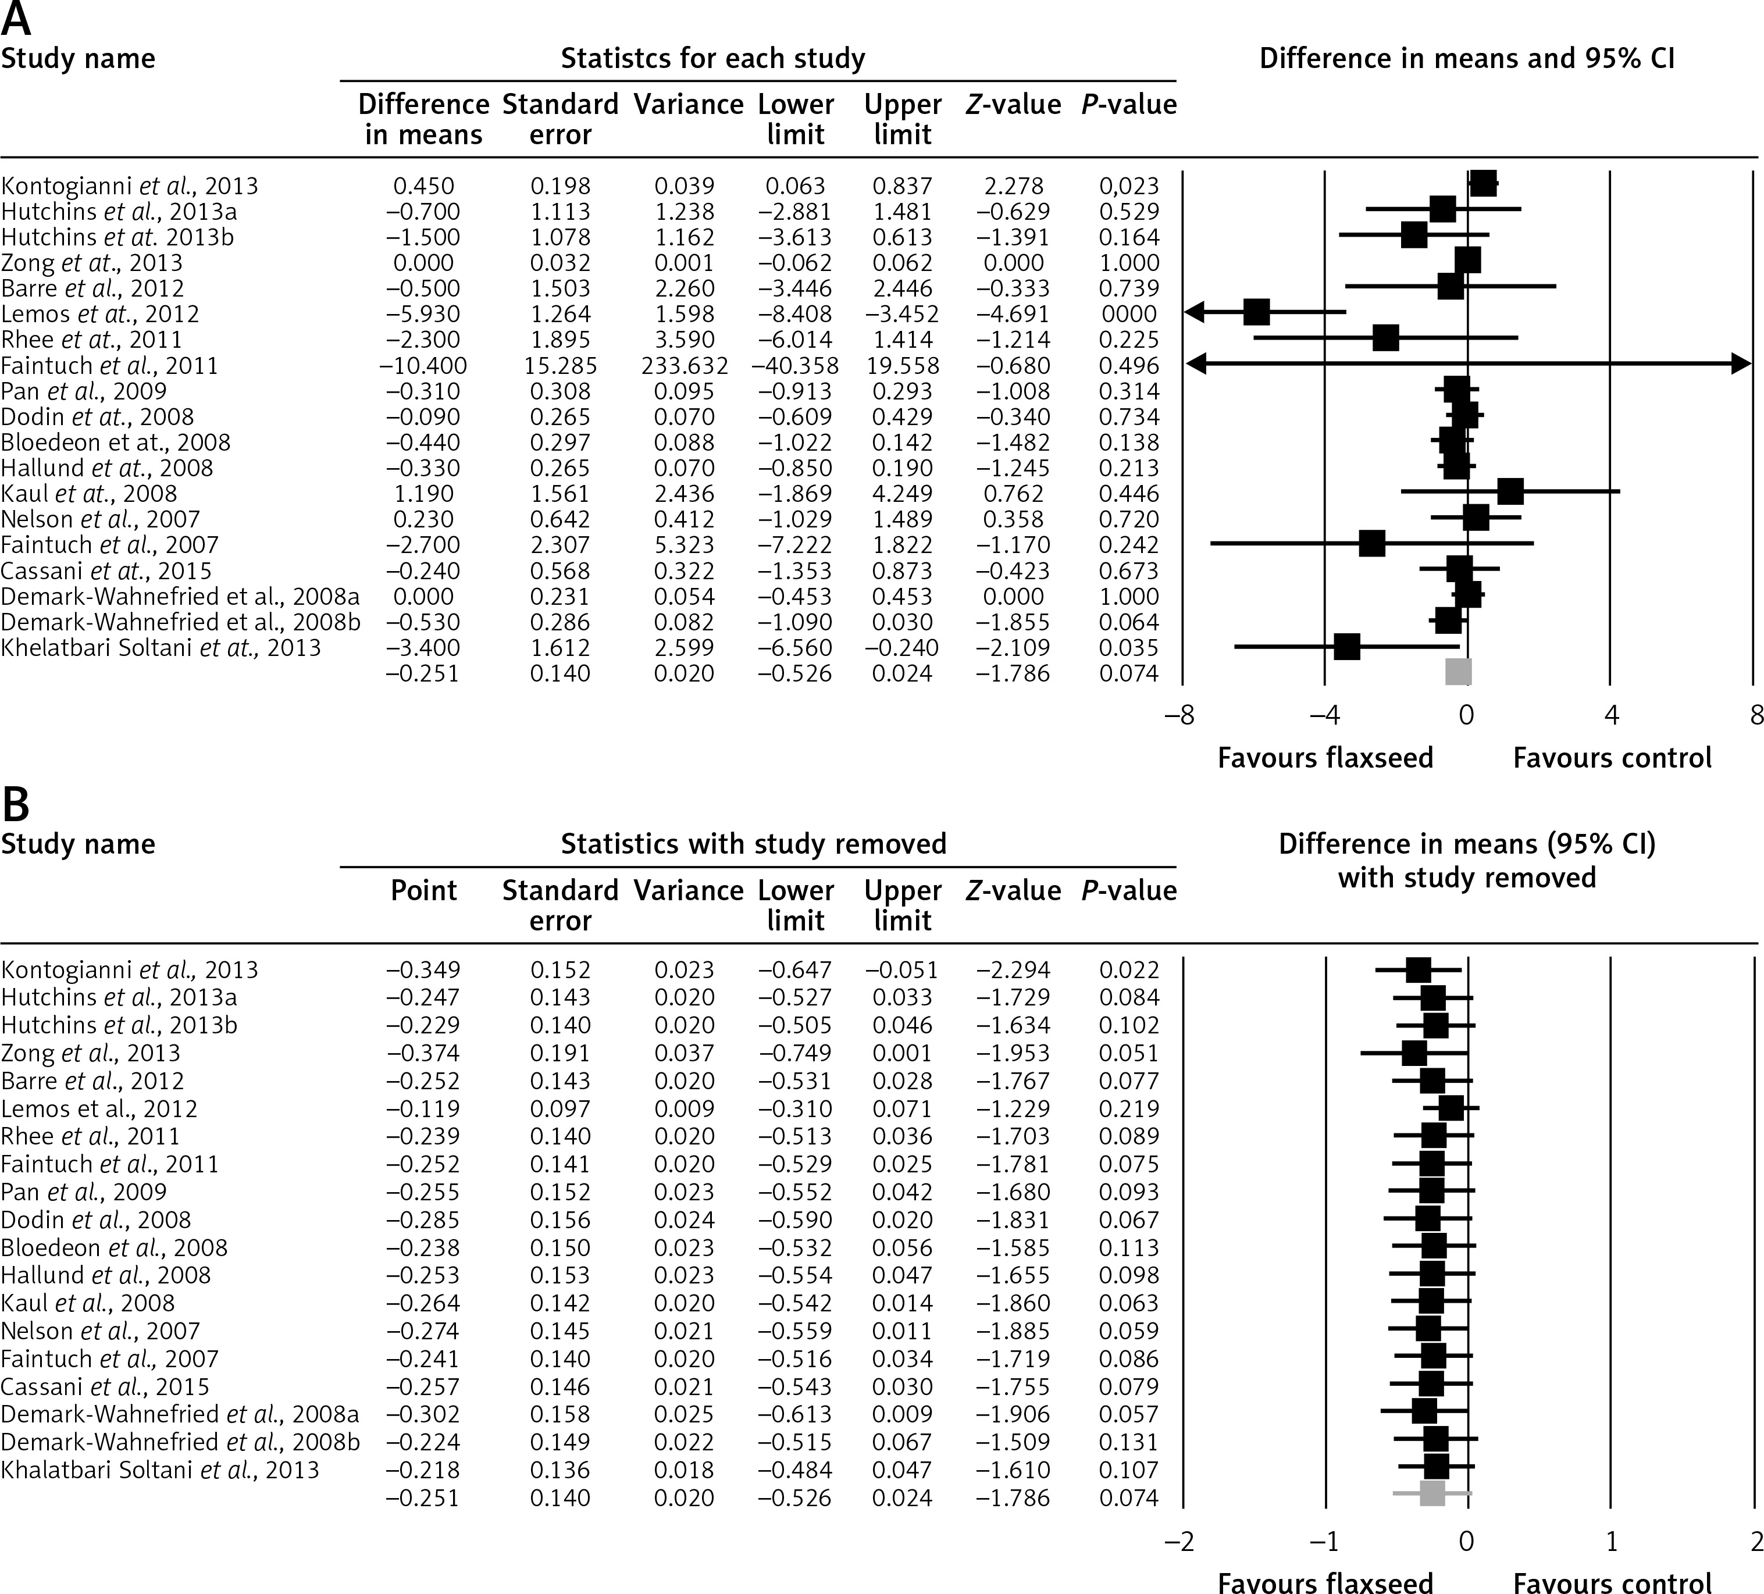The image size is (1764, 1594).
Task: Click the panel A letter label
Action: [x=16, y=19]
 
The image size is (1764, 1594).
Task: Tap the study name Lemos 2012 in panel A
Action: [x=100, y=314]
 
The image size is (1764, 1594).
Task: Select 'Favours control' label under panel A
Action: [x=1612, y=758]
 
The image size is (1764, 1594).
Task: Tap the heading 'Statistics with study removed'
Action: [x=753, y=844]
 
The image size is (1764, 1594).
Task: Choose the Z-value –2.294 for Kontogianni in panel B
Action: [x=1013, y=970]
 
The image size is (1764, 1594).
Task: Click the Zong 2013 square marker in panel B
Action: [x=1414, y=1053]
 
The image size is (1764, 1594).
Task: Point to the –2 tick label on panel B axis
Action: [x=1179, y=1540]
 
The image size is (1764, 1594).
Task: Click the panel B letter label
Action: [x=16, y=805]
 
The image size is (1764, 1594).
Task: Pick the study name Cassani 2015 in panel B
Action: [x=105, y=1386]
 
